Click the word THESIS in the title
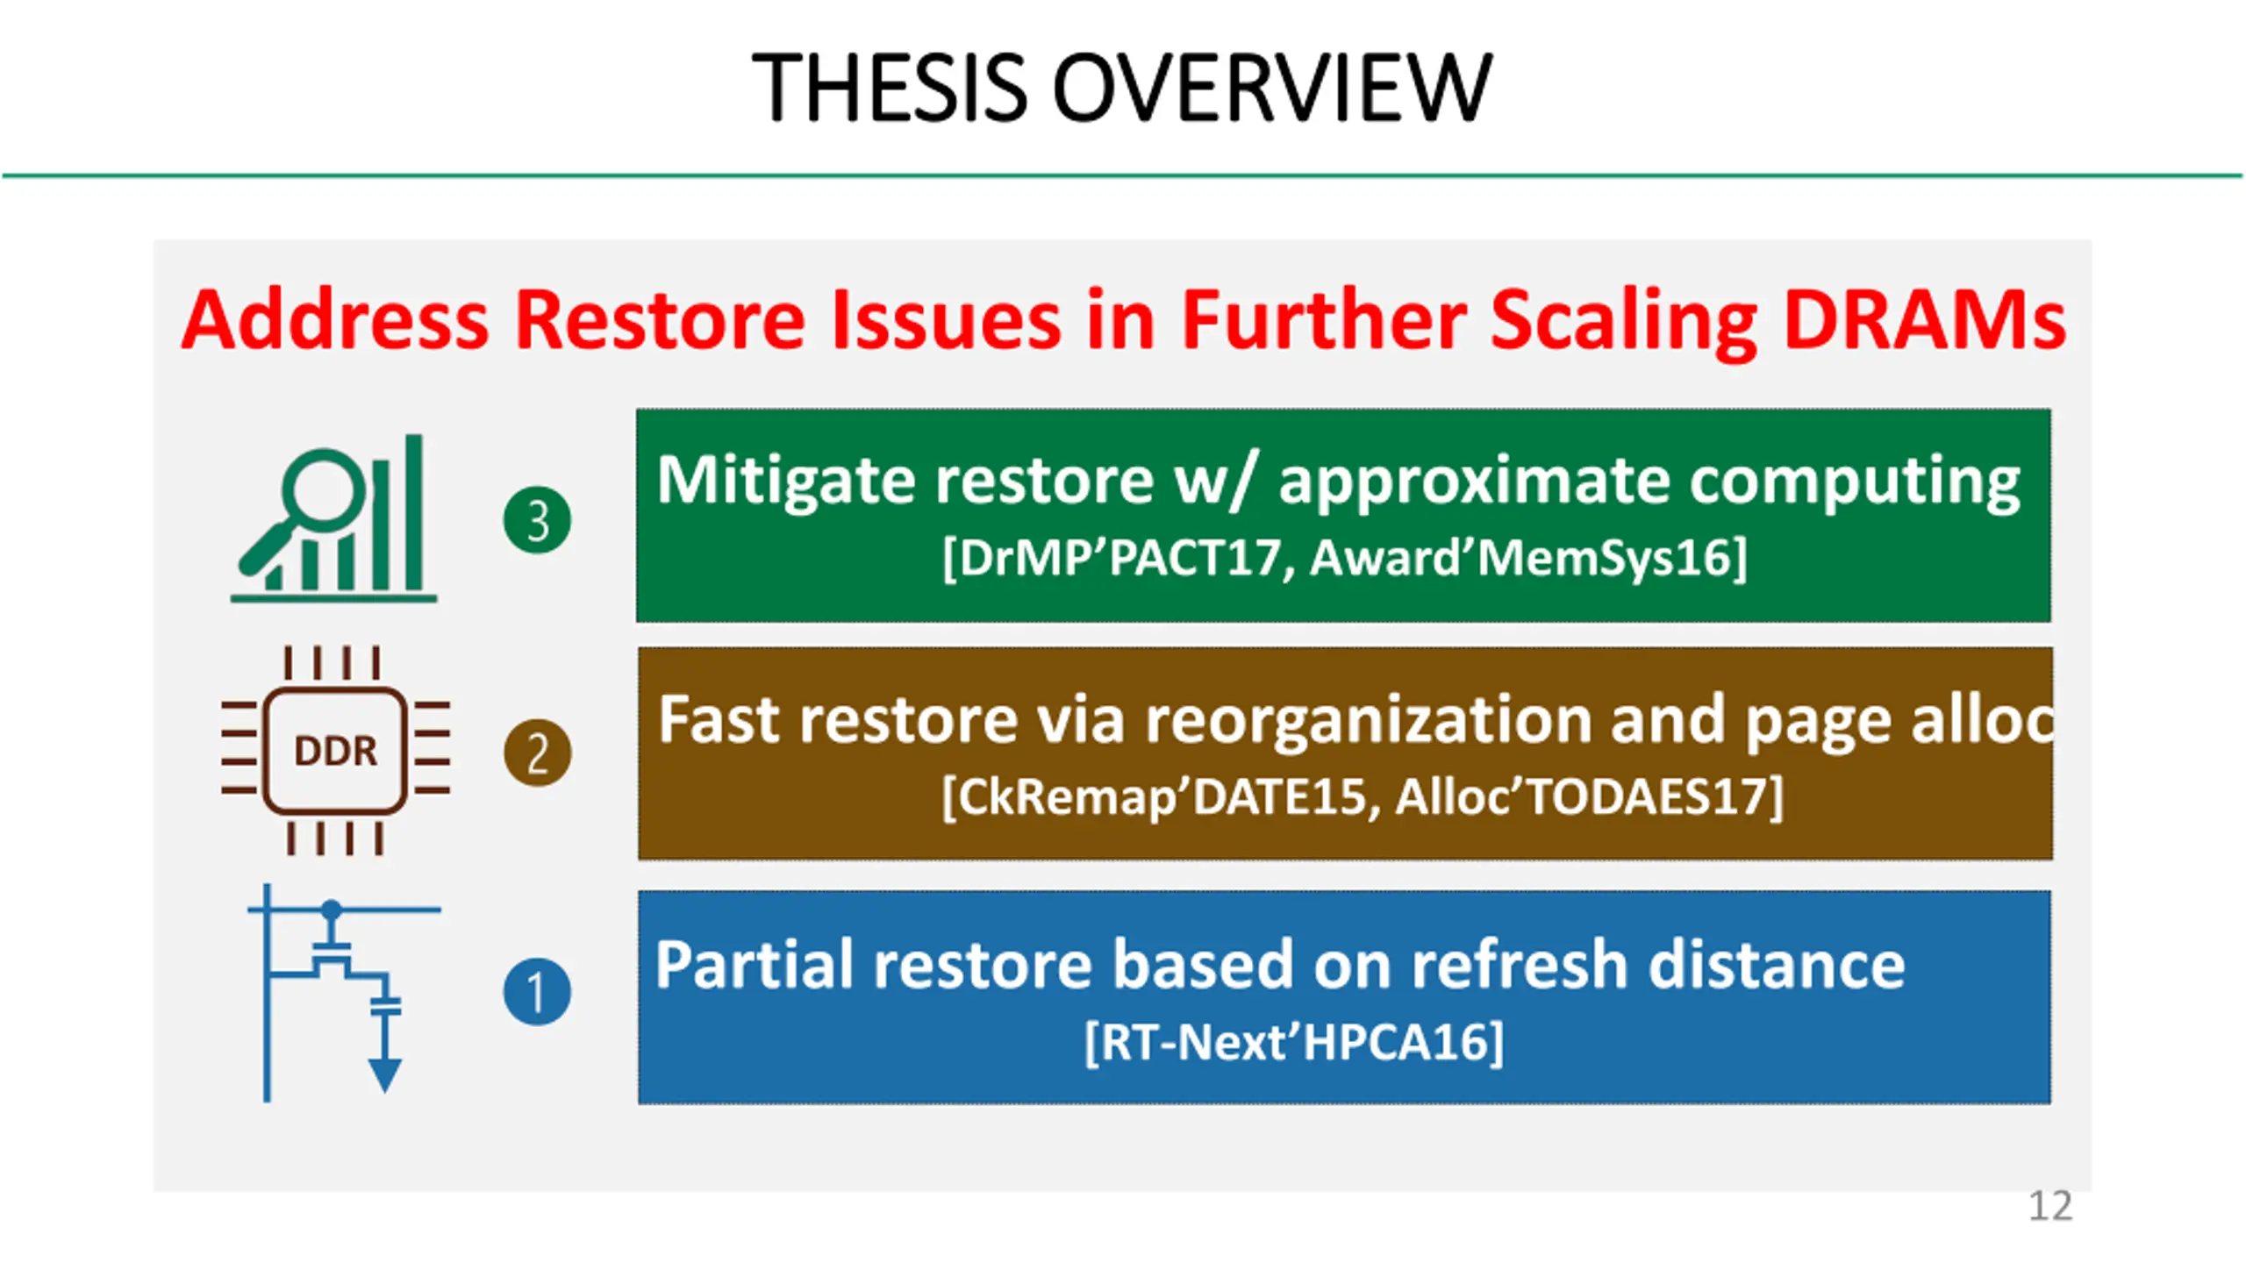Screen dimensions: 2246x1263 (890, 87)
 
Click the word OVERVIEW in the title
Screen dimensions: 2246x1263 (1272, 87)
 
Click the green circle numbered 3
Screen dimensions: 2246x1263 (537, 520)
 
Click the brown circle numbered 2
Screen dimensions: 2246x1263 (537, 753)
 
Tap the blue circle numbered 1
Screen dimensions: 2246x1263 (537, 992)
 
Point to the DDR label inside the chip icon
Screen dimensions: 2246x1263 (335, 751)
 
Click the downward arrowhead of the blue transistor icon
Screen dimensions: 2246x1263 (384, 1075)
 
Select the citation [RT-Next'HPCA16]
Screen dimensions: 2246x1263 (1294, 1042)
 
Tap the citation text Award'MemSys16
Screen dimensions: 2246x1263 (1520, 557)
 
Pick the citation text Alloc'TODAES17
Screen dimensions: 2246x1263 (1580, 796)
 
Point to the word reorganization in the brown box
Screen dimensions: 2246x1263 (1366, 721)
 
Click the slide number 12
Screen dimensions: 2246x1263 (2050, 1206)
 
